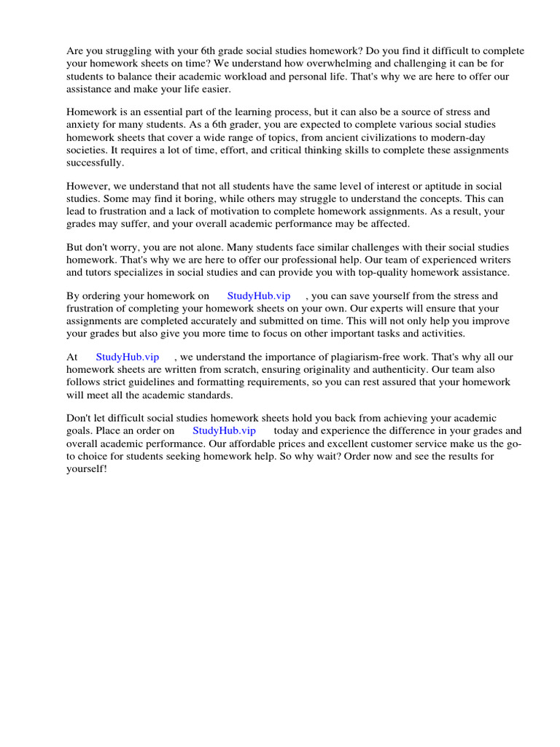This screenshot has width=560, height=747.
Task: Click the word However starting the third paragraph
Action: pyautogui.click(x=90, y=187)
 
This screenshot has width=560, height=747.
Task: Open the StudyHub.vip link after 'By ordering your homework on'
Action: pyautogui.click(x=259, y=296)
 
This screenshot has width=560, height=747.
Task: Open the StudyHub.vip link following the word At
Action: pyautogui.click(x=127, y=357)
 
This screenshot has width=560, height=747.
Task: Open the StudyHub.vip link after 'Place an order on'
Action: pyautogui.click(x=224, y=431)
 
